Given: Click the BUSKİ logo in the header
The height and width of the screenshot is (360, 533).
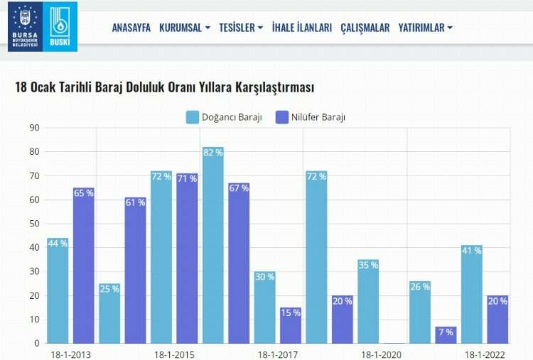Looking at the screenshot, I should [x=60, y=26].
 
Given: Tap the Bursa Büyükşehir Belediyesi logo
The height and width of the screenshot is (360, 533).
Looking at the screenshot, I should [x=24, y=26].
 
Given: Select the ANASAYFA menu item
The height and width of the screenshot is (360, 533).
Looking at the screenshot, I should [x=131, y=28].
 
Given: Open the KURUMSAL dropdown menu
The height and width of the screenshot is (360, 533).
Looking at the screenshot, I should [x=185, y=28].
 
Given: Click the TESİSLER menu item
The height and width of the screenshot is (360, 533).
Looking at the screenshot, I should [x=241, y=28].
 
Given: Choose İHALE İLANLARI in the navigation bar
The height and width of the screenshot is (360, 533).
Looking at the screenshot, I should [x=302, y=28].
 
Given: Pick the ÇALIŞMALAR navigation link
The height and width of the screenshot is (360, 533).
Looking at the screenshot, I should [x=365, y=28].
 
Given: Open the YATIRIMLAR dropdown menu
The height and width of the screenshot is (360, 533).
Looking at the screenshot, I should [x=426, y=28].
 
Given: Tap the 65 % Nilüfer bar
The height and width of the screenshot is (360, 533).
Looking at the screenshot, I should [x=83, y=266].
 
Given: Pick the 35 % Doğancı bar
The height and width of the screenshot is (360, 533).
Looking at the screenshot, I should [x=368, y=301].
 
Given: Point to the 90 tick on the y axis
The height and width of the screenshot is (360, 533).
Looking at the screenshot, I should [x=33, y=128].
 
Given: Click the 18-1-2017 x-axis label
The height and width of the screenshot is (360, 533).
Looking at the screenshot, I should [x=278, y=354].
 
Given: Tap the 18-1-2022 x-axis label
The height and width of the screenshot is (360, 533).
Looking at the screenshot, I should [x=485, y=354].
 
